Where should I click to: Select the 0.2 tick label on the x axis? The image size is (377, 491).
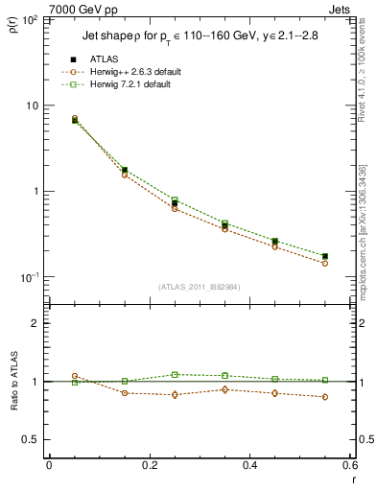point(149,464)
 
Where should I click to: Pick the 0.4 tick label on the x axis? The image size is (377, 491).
point(249,464)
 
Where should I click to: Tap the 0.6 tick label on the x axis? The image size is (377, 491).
point(350,464)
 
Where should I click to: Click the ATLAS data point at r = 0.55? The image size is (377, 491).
point(325,256)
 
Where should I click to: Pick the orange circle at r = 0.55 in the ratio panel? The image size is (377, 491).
point(325,397)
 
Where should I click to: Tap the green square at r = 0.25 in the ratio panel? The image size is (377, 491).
point(175,374)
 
